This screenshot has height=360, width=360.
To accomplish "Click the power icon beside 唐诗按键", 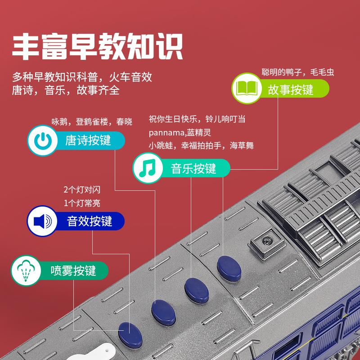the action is [42, 140].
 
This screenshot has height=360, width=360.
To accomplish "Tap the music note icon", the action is [148, 168].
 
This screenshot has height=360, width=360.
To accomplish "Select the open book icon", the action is [247, 88].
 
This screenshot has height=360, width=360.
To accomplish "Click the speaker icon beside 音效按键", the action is [42, 221].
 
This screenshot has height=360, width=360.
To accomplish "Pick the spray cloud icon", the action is [26, 270].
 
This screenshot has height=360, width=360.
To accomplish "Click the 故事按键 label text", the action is [290, 89].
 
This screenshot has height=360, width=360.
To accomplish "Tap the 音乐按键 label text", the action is [193, 168].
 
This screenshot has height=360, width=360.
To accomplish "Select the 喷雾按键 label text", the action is [73, 271].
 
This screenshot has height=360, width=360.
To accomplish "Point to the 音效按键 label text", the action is [89, 221].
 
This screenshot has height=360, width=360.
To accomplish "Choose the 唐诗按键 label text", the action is [88, 140].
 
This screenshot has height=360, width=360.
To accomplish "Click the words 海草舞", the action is [242, 145].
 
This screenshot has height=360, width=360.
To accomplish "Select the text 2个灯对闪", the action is [82, 189].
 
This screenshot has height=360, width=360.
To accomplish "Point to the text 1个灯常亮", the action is [82, 203].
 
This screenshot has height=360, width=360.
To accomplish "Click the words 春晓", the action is [124, 121].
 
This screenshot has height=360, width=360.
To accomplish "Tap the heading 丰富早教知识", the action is [98, 46].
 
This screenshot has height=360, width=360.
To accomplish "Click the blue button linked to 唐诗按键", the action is [163, 313].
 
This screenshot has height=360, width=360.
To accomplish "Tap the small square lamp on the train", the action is [267, 242].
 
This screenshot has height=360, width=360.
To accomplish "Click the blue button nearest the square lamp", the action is [229, 269].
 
